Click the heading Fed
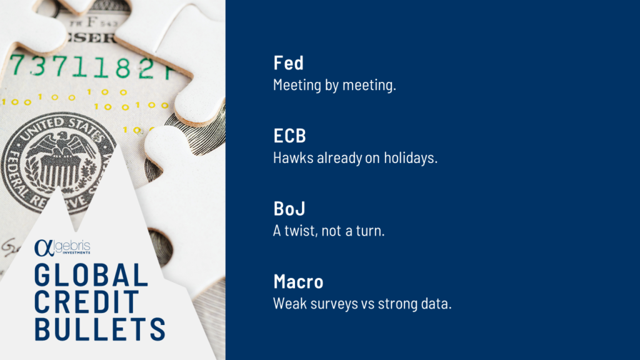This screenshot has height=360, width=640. (x=289, y=63)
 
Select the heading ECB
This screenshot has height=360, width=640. (x=290, y=136)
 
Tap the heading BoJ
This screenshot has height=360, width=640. (x=289, y=209)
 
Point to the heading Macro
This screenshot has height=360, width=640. (x=298, y=282)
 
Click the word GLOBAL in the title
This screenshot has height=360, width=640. (x=91, y=275)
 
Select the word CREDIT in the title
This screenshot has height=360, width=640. (x=87, y=302)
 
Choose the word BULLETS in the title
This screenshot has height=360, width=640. (x=100, y=329)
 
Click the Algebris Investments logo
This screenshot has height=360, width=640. (x=62, y=247)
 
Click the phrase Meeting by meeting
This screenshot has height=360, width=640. (x=335, y=85)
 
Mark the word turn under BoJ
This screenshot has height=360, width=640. (x=370, y=231)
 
